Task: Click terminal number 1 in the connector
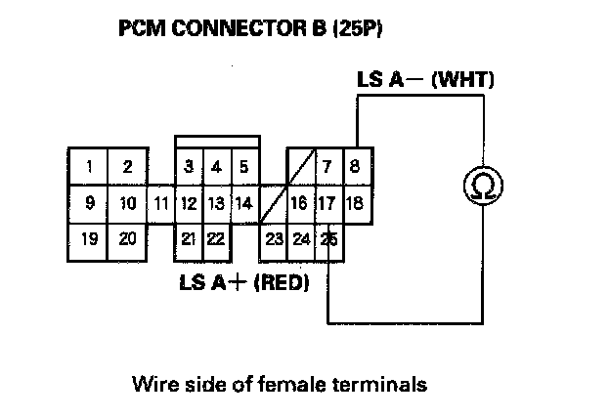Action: [89, 167]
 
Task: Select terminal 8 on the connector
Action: [354, 167]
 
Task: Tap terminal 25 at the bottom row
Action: [329, 238]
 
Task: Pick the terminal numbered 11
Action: [162, 204]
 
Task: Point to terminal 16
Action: [299, 204]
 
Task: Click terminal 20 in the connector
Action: [127, 238]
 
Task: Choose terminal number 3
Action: [189, 167]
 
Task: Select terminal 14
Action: [244, 204]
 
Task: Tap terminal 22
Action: [216, 238]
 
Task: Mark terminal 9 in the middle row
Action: [89, 204]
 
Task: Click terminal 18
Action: [355, 204]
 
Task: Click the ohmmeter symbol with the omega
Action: [480, 185]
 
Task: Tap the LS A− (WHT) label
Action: [424, 80]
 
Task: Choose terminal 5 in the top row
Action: [243, 167]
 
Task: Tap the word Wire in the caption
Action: [150, 384]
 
